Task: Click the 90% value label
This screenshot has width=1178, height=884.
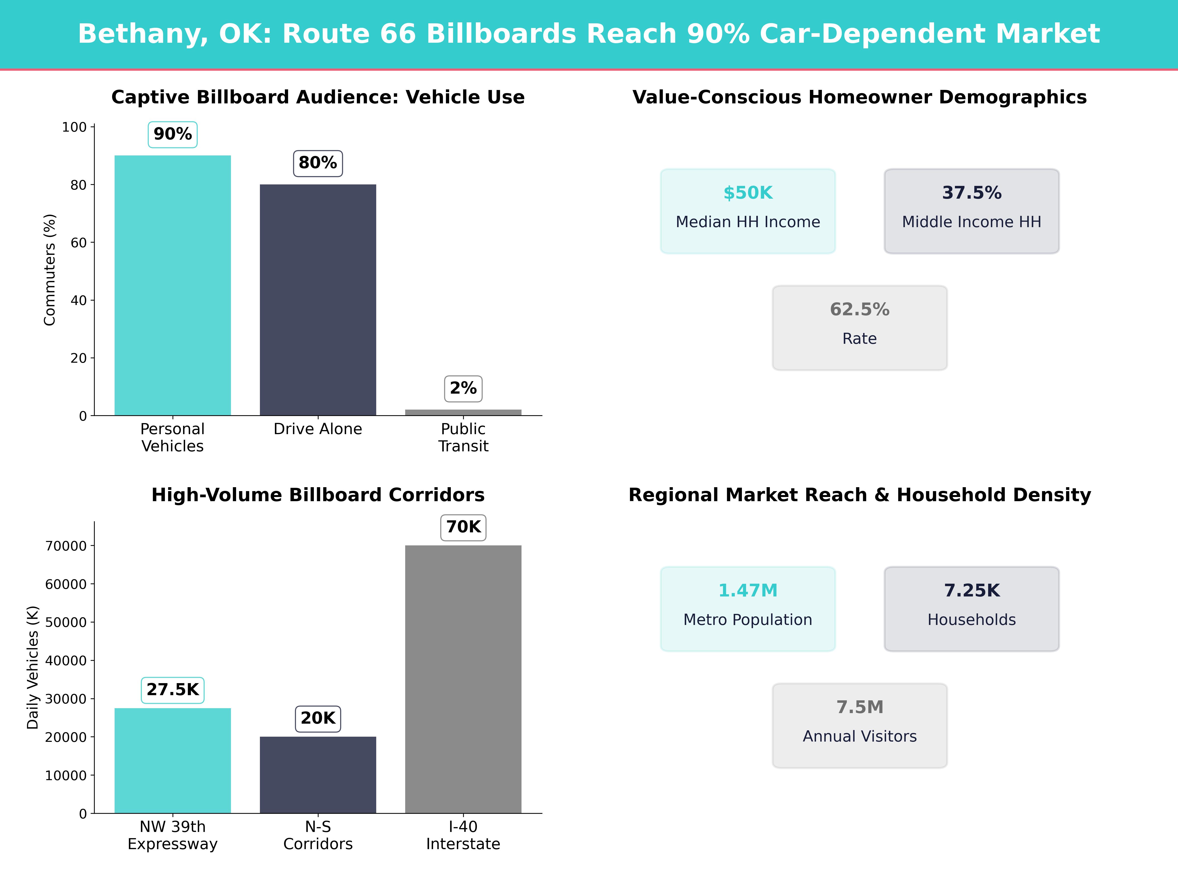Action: [173, 134]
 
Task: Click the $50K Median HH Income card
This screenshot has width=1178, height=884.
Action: [748, 211]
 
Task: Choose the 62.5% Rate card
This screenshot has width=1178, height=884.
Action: [859, 328]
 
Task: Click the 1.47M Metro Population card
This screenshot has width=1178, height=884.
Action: [748, 608]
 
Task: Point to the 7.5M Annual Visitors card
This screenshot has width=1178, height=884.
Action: [859, 725]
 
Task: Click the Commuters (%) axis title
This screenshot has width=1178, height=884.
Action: [50, 270]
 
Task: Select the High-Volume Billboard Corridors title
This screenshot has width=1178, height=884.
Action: [318, 495]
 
